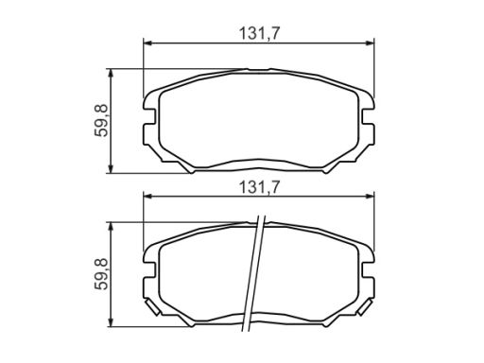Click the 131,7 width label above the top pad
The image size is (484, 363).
tap(259, 34)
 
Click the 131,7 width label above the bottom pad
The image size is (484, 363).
tap(259, 187)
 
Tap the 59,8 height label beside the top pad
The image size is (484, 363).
tap(101, 120)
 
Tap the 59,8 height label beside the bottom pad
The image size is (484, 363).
tap(101, 274)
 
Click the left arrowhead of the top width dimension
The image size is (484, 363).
tap(147, 43)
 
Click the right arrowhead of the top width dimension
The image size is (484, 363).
tap(370, 43)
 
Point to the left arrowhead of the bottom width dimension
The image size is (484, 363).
tap(147, 197)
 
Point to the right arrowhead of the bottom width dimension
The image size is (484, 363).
tap(370, 197)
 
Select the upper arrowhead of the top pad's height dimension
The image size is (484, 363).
tap(111, 74)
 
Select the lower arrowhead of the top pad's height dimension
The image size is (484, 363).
tap(111, 168)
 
